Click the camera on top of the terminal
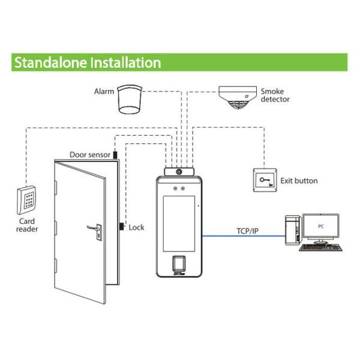click(179, 172)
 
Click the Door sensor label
click(90, 154)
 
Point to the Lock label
click(136, 227)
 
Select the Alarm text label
click(104, 92)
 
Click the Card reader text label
click(27, 224)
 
